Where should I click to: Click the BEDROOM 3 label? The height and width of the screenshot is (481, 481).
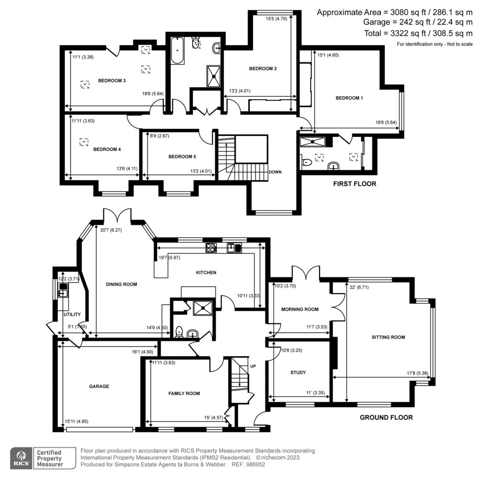point(111,80)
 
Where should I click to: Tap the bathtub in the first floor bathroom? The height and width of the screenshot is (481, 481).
point(176,51)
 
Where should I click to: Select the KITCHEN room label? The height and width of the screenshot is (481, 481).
point(206,272)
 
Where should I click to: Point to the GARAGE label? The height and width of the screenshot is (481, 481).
point(99,386)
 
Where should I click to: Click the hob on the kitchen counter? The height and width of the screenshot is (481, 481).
point(210,247)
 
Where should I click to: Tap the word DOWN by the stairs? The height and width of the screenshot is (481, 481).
point(275,172)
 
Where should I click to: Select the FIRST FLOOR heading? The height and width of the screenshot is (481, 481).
point(355,184)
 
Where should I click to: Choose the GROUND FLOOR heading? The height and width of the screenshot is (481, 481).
point(386,417)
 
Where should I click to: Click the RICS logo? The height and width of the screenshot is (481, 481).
point(22,457)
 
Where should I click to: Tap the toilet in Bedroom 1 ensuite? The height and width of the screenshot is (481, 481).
point(307,163)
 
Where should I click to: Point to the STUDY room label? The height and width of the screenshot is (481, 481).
point(298,372)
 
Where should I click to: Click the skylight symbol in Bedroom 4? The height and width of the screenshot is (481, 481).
point(84,141)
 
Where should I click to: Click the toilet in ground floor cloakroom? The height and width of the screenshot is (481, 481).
point(178,332)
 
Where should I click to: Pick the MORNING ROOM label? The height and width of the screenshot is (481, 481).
point(300,309)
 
